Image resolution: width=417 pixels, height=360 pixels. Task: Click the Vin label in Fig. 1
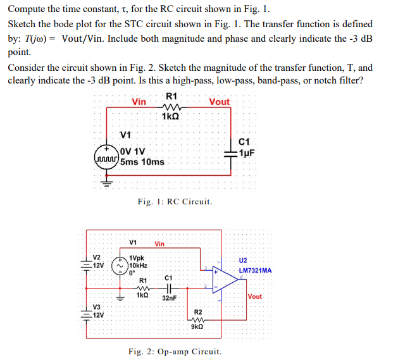[139, 102]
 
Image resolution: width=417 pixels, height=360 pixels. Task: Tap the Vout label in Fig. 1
[219, 102]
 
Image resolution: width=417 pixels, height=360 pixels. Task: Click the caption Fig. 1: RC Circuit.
[175, 202]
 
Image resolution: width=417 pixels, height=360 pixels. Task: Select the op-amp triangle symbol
[225, 280]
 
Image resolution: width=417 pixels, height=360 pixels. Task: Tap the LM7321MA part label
[255, 271]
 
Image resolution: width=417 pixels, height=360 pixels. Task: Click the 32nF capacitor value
[169, 297]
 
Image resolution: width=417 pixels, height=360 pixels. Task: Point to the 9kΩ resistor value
[197, 326]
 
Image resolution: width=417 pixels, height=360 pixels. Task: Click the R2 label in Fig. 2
[197, 312]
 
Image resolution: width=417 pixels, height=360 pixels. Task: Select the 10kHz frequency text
[138, 266]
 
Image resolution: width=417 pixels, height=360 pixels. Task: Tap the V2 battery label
[96, 257]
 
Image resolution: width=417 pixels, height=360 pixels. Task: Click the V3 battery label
[96, 307]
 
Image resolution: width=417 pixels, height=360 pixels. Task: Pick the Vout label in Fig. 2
[255, 297]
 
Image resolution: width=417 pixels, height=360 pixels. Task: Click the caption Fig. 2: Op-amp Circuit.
[175, 351]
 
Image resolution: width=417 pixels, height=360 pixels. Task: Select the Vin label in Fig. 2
[159, 244]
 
